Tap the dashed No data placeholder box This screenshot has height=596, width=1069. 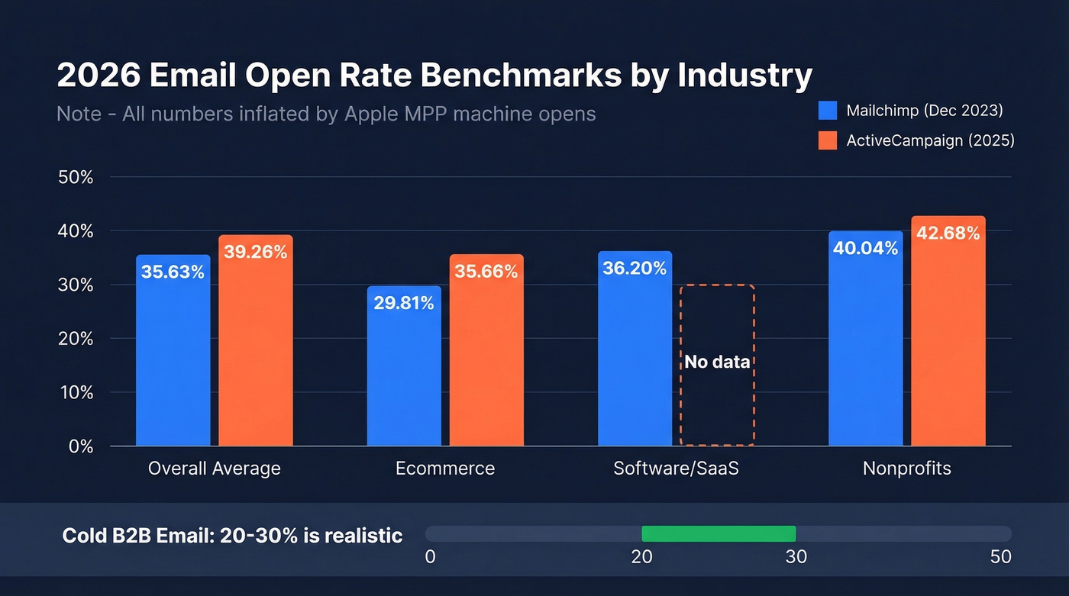pyautogui.click(x=717, y=365)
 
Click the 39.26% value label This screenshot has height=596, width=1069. pyautogui.click(x=256, y=252)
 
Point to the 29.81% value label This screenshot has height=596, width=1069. pyautogui.click(x=404, y=303)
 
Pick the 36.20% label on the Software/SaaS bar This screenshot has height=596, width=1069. pyautogui.click(x=635, y=268)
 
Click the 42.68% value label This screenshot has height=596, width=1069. pyautogui.click(x=948, y=234)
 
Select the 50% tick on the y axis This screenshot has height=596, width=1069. pyautogui.click(x=75, y=177)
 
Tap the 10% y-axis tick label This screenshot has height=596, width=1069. pyautogui.click(x=75, y=392)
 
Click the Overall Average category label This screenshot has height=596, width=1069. pyautogui.click(x=214, y=468)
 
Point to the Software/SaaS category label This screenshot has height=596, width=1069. pyautogui.click(x=676, y=468)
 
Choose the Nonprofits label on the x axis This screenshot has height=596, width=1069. pyautogui.click(x=906, y=468)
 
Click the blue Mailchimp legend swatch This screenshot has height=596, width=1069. pyautogui.click(x=828, y=111)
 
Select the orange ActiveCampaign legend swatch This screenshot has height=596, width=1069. pyautogui.click(x=828, y=140)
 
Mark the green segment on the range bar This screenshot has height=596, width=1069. pyautogui.click(x=719, y=533)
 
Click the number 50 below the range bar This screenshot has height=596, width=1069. pyautogui.click(x=1000, y=556)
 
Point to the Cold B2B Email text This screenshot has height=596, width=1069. pyautogui.click(x=137, y=535)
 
